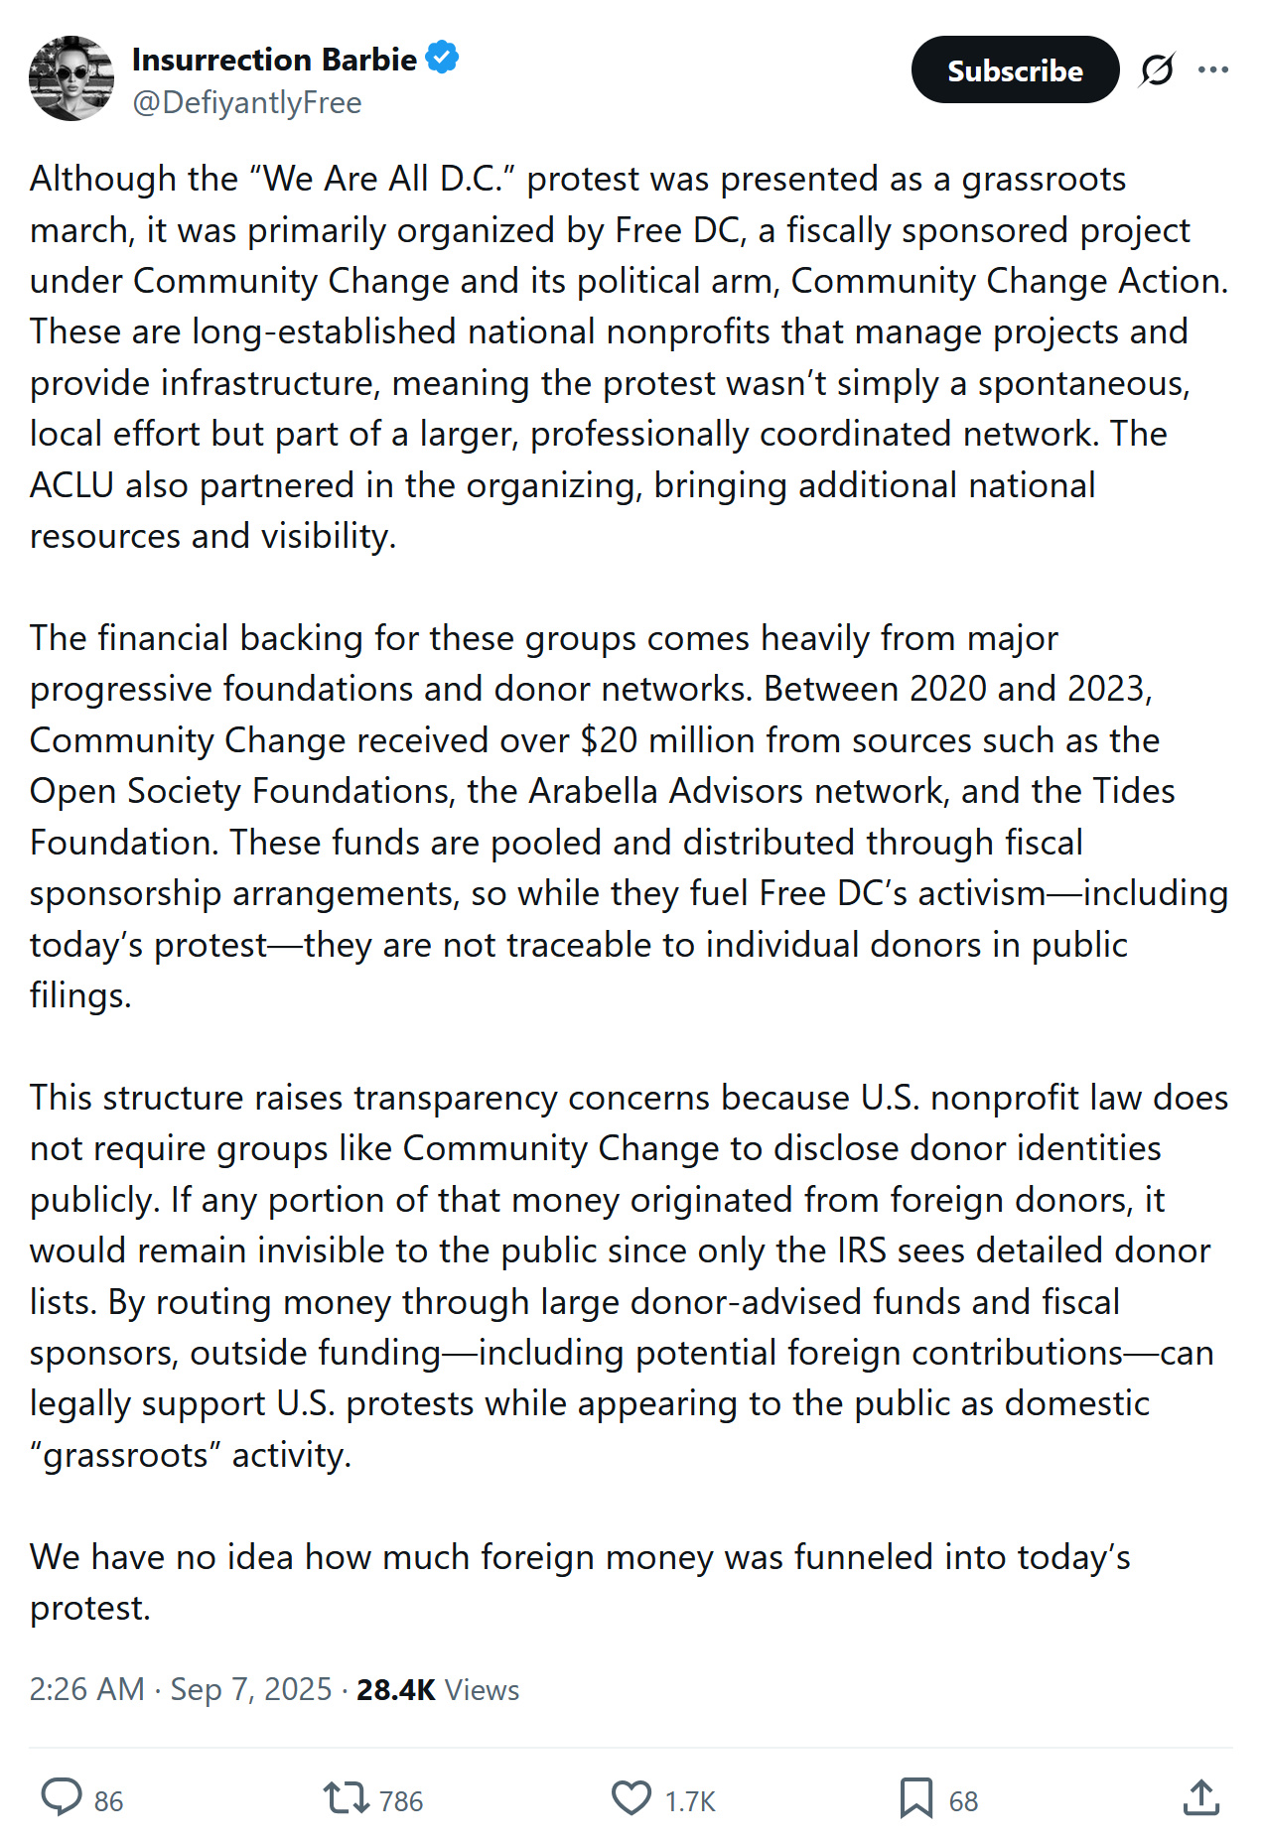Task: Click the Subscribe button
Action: click(x=1014, y=70)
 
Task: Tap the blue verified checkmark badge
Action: click(x=442, y=59)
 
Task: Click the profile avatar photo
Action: click(x=71, y=78)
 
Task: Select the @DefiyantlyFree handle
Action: click(x=246, y=103)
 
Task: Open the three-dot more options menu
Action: click(x=1212, y=70)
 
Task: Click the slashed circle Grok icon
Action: click(x=1157, y=70)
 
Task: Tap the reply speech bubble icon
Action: click(x=62, y=1797)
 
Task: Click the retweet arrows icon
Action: click(x=346, y=1797)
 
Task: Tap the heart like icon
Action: click(x=631, y=1797)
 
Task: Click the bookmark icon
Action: click(x=915, y=1797)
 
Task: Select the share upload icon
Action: click(x=1200, y=1797)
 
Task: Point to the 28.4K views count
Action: click(x=395, y=1689)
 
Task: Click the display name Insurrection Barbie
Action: click(x=274, y=60)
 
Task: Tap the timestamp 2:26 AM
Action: click(x=87, y=1689)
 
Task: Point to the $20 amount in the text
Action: click(x=604, y=740)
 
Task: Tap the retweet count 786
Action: click(x=401, y=1801)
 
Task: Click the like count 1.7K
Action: click(x=690, y=1801)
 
